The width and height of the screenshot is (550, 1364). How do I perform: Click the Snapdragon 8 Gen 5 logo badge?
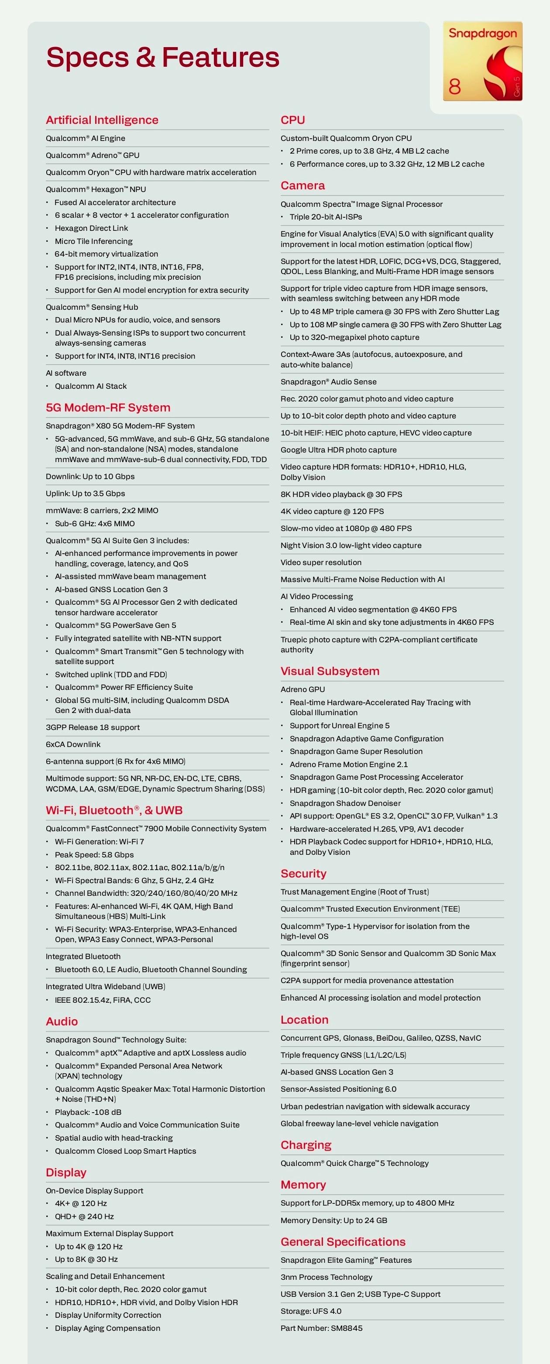point(482,61)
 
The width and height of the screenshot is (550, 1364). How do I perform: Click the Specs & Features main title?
point(163,57)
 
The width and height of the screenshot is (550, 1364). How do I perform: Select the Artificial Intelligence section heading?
point(102,120)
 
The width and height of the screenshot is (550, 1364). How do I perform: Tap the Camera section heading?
point(302,185)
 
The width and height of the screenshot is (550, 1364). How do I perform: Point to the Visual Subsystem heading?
point(330,671)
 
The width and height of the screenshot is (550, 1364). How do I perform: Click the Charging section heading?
point(306,1145)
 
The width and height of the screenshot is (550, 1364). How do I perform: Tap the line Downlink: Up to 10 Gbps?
point(90,476)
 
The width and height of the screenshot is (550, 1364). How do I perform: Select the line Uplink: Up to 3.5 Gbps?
point(85,494)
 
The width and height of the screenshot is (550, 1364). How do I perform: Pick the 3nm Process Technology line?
point(327,1277)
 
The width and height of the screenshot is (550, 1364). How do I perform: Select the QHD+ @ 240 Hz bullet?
point(84,1216)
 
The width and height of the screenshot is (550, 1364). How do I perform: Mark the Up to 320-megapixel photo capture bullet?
point(354,337)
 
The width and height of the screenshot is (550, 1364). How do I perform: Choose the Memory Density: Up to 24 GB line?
point(334,1220)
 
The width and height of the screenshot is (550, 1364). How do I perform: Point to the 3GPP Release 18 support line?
point(93,727)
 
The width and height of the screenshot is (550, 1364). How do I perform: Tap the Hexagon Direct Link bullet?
point(91,228)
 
